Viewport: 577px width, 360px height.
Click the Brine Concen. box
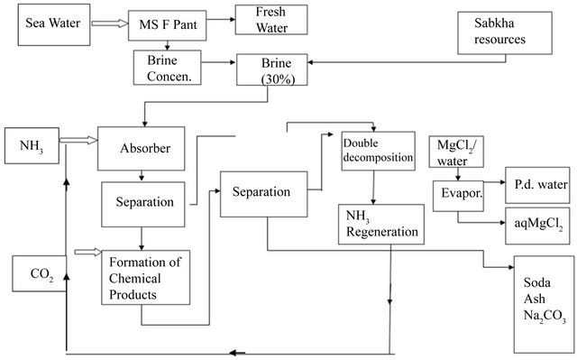(166, 69)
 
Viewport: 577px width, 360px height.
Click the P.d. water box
(538, 185)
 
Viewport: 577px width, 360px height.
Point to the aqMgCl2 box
(538, 222)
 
